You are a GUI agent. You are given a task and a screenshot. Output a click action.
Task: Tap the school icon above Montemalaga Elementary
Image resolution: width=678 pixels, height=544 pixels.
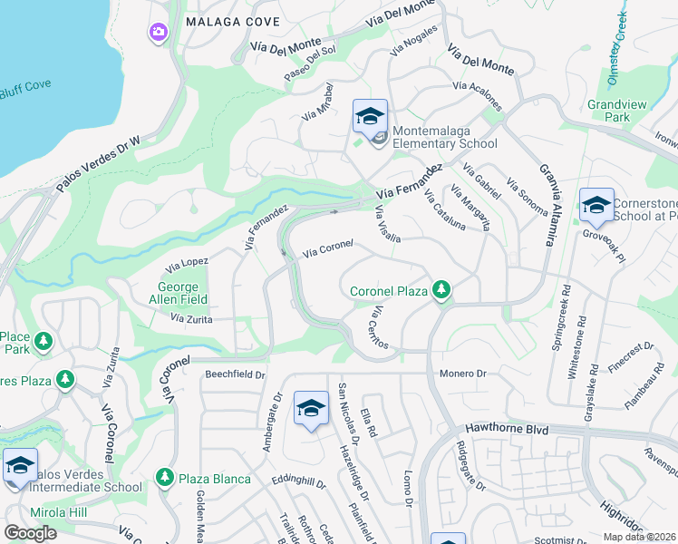tap(370, 116)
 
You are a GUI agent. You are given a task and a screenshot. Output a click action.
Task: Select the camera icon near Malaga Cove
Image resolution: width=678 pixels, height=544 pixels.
tap(159, 33)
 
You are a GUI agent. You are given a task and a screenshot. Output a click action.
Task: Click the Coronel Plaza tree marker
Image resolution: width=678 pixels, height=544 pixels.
tap(441, 290)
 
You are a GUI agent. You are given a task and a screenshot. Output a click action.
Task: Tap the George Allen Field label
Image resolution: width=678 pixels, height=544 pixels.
tap(178, 293)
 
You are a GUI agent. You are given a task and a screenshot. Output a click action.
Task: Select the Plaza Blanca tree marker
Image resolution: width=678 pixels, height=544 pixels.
tap(164, 477)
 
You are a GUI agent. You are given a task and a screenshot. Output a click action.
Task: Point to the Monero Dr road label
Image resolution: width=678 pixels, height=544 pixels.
tap(464, 374)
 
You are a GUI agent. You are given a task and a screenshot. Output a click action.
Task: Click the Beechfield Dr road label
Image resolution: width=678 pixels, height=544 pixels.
tap(235, 374)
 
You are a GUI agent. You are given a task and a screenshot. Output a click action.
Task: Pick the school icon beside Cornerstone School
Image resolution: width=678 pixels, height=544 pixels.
tap(596, 207)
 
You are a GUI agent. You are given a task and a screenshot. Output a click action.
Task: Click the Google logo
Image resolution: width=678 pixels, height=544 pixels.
tap(30, 532)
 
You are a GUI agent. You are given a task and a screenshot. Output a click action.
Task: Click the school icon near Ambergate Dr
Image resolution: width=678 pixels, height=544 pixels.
tap(311, 409)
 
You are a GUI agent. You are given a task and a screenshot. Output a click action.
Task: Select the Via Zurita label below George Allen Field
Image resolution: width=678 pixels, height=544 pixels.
tap(191, 318)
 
